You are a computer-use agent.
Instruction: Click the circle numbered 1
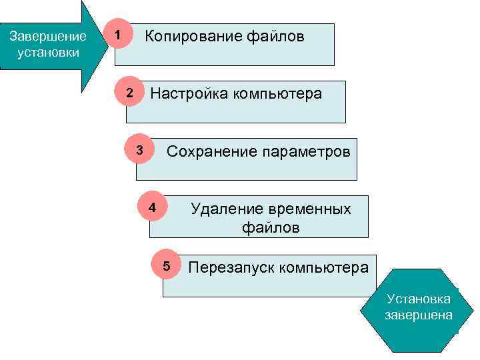tap(118, 34)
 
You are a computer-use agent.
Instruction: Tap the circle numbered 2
tap(131, 93)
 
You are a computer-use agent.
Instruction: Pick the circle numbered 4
tap(153, 207)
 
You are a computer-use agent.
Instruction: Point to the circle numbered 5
tap(167, 267)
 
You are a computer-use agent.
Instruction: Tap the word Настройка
tap(189, 93)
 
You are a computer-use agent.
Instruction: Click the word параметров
tap(305, 151)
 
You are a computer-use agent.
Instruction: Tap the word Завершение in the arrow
tap(48, 37)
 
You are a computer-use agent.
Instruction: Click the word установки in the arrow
tap(48, 52)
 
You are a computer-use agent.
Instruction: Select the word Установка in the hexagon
tap(419, 299)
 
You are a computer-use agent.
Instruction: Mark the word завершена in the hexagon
tap(419, 315)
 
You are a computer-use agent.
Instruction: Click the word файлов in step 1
tap(279, 36)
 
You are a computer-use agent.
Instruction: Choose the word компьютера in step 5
tap(323, 268)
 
